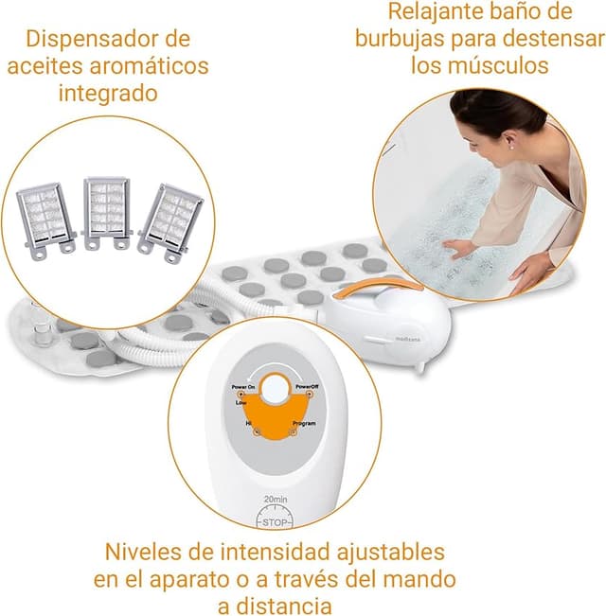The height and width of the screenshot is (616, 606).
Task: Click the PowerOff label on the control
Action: [306, 387]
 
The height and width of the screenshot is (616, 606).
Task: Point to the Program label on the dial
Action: [305, 423]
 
